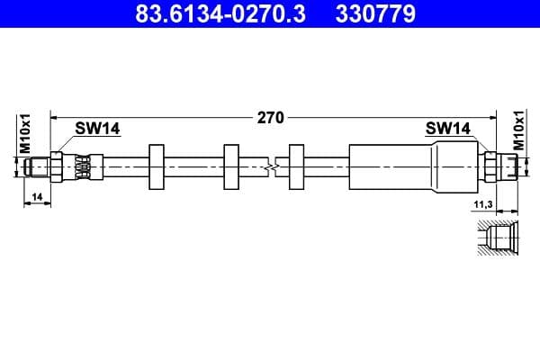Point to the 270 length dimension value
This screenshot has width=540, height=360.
click(271, 117)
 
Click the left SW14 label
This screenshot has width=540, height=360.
click(97, 129)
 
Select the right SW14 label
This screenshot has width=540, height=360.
click(448, 129)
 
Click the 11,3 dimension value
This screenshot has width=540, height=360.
click(483, 204)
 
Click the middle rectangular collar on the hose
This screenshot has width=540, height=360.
click(231, 166)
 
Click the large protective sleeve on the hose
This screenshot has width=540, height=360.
click(387, 166)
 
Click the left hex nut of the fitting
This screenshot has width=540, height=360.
click(58, 166)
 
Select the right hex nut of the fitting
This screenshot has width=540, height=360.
click(490, 166)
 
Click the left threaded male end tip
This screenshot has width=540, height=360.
click(37, 166)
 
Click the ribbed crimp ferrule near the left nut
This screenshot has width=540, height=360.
click(82, 166)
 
